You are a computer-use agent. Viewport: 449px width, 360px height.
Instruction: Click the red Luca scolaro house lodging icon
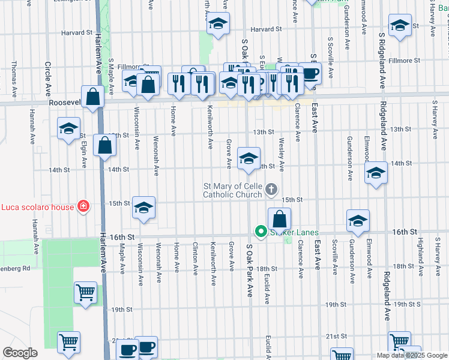[x=83, y=207]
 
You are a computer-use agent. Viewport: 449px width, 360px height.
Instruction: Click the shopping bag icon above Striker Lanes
[x=279, y=219]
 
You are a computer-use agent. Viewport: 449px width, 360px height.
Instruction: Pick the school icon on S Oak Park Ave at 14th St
[x=248, y=158]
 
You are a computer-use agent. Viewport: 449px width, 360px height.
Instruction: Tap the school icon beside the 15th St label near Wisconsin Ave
[x=143, y=208]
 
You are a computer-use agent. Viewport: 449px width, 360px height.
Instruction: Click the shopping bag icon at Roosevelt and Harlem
[x=92, y=97]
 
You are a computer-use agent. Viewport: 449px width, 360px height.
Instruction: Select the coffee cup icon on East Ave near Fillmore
[x=310, y=73]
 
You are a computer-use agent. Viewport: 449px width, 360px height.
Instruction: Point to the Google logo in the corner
[x=20, y=353]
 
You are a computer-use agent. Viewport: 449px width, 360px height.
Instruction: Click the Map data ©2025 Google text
[x=412, y=355]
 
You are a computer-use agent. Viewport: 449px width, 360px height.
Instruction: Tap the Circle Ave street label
[x=47, y=78]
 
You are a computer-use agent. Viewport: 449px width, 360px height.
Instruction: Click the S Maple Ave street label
[x=111, y=71]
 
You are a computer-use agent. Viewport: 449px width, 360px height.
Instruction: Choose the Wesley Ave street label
[x=281, y=154]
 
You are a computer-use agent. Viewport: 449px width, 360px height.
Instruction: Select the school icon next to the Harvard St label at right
[x=400, y=25]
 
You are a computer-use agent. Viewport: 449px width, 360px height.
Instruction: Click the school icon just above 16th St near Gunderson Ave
[x=358, y=221]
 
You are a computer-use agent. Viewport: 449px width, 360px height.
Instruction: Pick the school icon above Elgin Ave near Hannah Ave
[x=68, y=127]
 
